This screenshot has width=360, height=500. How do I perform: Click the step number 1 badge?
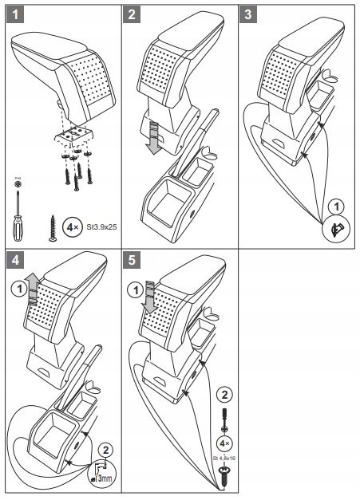pos(13,14)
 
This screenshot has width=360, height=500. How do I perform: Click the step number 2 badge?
pos(133,14)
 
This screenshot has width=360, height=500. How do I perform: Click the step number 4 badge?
pos(13,261)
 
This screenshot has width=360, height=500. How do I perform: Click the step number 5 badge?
pos(133,261)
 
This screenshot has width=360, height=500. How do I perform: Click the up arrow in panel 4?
pos(32,289)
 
